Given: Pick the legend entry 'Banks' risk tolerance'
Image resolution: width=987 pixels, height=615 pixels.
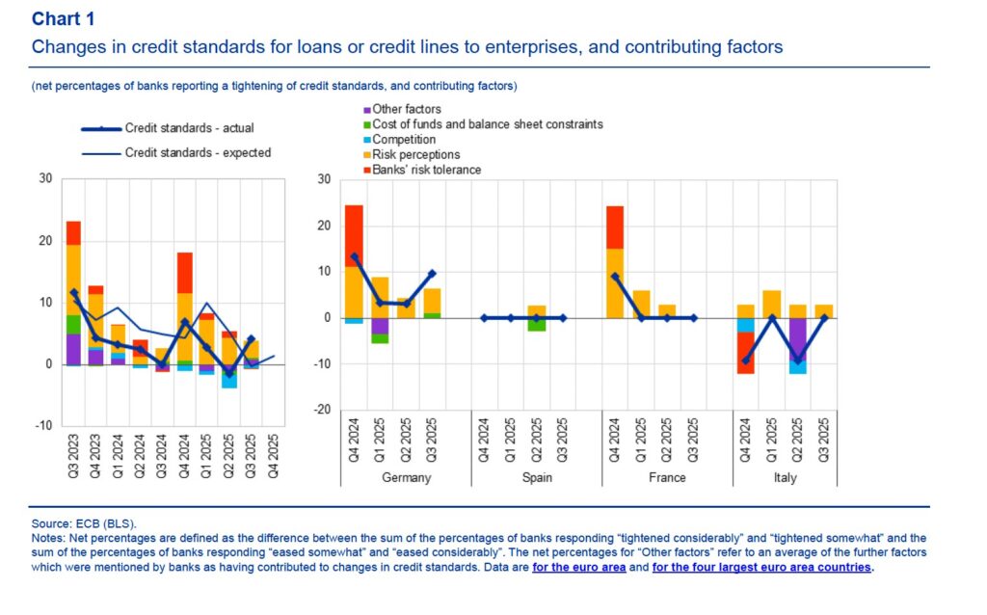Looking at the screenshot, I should pyautogui.click(x=426, y=170).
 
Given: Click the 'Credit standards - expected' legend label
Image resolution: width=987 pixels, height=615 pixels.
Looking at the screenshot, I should pyautogui.click(x=198, y=152).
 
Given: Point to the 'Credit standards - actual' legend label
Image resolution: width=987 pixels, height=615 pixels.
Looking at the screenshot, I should pyautogui.click(x=190, y=127).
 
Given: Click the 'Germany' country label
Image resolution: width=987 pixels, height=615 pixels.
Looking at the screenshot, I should pyautogui.click(x=406, y=478).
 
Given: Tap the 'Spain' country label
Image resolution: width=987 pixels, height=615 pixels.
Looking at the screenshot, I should pyautogui.click(x=537, y=478).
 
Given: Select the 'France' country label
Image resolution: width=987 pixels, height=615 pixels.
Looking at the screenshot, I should pyautogui.click(x=667, y=478).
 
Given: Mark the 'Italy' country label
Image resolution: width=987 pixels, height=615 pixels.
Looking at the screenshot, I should pyautogui.click(x=786, y=478).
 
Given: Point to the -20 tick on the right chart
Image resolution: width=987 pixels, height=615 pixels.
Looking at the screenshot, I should pyautogui.click(x=323, y=410).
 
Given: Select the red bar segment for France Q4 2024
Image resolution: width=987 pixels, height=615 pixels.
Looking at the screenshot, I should pyautogui.click(x=615, y=227).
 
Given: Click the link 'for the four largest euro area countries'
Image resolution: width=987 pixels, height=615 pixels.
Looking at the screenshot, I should pyautogui.click(x=761, y=568).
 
